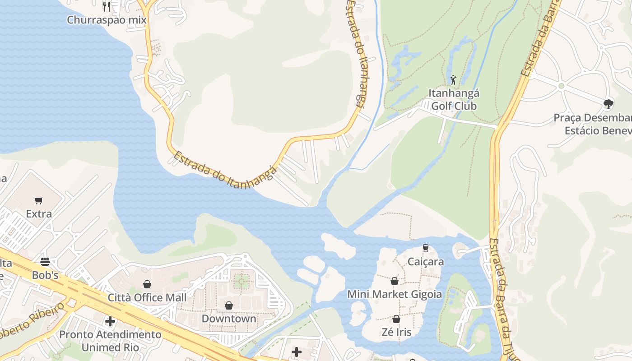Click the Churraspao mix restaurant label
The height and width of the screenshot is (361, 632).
107,20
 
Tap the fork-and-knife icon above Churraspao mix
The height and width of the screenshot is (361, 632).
107,6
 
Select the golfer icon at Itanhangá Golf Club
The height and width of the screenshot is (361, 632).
453,80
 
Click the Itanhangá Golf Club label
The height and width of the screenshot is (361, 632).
454,100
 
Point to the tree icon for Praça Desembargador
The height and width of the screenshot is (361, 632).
608,104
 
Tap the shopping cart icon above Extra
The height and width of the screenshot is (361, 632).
39,200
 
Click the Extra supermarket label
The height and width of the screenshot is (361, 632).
39,214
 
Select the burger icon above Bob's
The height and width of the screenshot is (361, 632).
45,262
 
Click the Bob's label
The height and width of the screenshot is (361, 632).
45,275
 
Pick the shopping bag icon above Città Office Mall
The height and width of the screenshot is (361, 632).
147,284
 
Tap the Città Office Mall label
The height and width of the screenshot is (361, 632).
147,298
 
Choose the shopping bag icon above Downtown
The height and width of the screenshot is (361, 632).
229,305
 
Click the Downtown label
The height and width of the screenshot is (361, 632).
229,319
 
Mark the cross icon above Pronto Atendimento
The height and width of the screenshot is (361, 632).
110,321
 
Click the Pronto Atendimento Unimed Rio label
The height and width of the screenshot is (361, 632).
110,341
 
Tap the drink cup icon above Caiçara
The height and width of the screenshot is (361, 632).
425,248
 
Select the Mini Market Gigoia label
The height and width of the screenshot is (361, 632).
395,295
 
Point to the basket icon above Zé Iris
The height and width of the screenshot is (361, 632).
396,319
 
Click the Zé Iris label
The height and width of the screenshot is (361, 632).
396,333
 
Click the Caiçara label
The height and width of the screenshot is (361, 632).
426,262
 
